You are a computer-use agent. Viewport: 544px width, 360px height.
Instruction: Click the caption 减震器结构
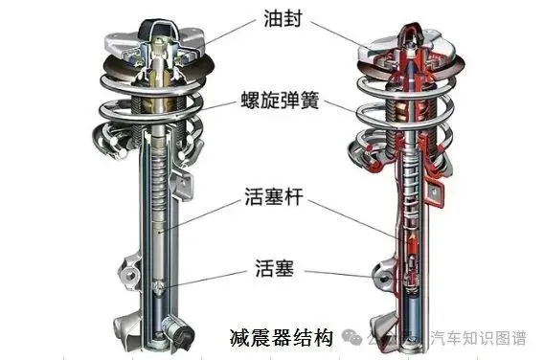coord(281,337)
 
